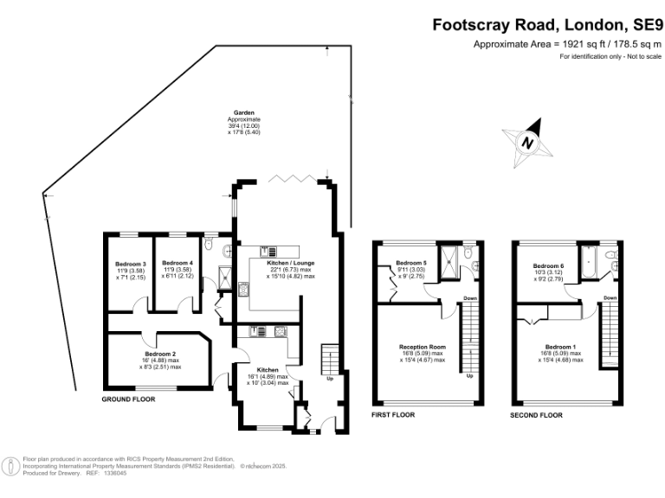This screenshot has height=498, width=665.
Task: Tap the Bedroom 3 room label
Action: pyautogui.click(x=131, y=263)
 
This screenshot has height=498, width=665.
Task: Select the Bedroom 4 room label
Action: pyautogui.click(x=178, y=263)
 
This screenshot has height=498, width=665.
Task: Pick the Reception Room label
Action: pyautogui.click(x=421, y=348)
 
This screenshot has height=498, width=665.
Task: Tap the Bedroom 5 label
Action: pyautogui.click(x=412, y=263)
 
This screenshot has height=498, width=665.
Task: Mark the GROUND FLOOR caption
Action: pyautogui.click(x=128, y=400)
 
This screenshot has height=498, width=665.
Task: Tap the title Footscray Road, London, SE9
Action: pyautogui.click(x=547, y=25)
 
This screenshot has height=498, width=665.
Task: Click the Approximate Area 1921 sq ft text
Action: pyautogui.click(x=566, y=44)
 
